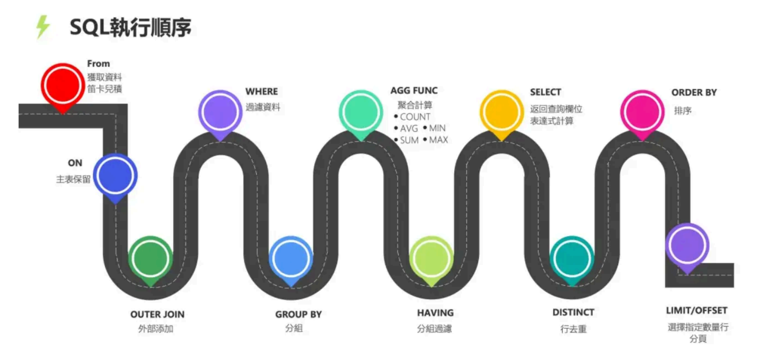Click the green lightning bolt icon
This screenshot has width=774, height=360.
pyautogui.click(x=43, y=26)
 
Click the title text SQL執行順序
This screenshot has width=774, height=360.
pyautogui.click(x=130, y=28)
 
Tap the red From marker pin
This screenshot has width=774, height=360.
pyautogui.click(x=62, y=85)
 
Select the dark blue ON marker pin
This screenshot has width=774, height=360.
pyautogui.click(x=115, y=176)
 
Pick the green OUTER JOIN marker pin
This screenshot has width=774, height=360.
pyautogui.click(x=150, y=259)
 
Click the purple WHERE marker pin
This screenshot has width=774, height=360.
pyautogui.click(x=220, y=112)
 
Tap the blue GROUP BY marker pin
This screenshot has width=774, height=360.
pyautogui.click(x=291, y=259)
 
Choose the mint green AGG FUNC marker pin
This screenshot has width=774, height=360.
pyautogui.click(x=361, y=112)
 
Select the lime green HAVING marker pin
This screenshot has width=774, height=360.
pyautogui.click(x=431, y=259)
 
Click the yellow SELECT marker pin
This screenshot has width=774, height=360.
pyautogui.click(x=501, y=112)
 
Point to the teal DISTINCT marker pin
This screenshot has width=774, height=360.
pyautogui.click(x=572, y=259)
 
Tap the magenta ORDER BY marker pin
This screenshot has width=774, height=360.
pyautogui.click(x=642, y=112)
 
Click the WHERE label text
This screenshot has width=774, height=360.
pyautogui.click(x=261, y=91)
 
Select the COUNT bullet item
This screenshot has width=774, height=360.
pyautogui.click(x=415, y=117)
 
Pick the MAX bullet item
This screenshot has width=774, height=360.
pyautogui.click(x=438, y=140)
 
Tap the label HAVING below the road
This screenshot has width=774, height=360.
pyautogui.click(x=435, y=313)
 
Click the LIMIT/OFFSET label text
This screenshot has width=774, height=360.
pyautogui.click(x=696, y=310)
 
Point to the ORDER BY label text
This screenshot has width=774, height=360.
pyautogui.click(x=694, y=92)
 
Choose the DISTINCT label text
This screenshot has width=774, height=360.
pyautogui.click(x=573, y=312)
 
